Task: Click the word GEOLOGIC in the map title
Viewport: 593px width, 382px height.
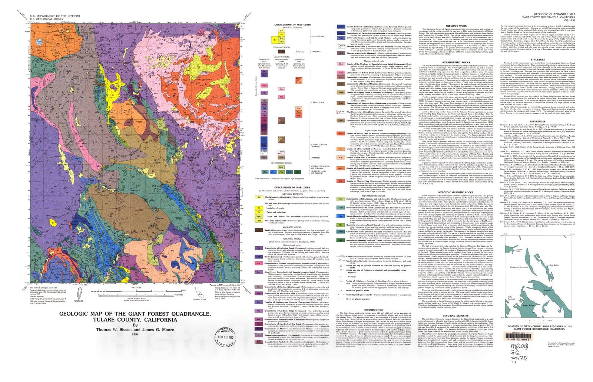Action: [76, 315]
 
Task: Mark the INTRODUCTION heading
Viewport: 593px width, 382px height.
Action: [373, 310]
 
